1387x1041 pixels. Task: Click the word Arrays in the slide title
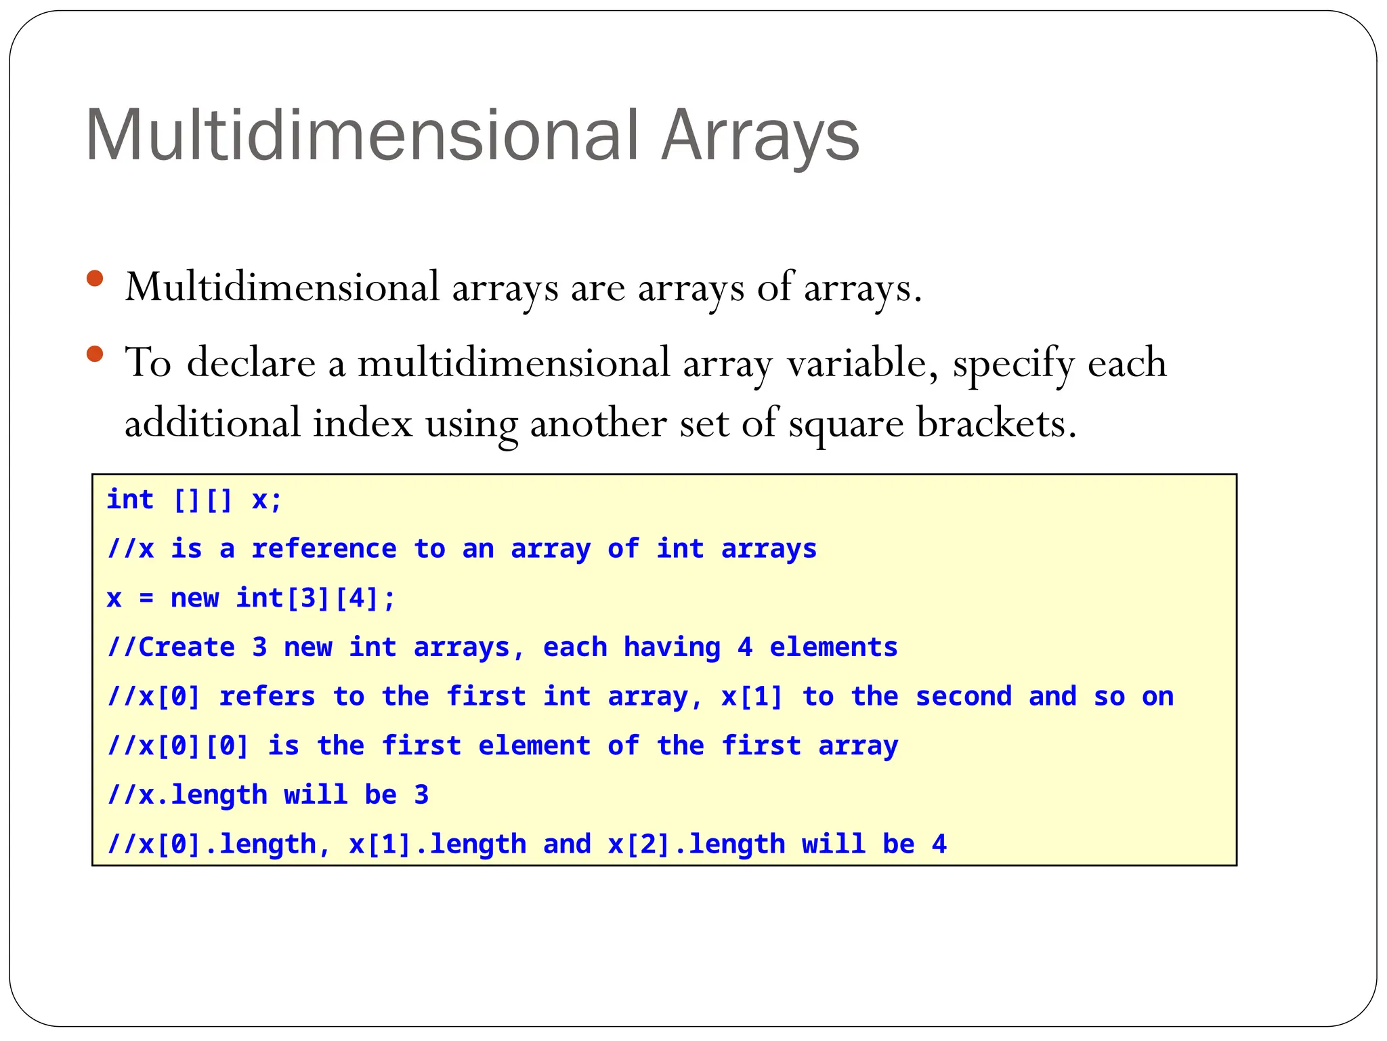click(x=760, y=136)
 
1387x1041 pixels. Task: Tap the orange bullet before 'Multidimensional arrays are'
click(x=95, y=279)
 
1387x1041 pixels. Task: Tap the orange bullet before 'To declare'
click(x=95, y=354)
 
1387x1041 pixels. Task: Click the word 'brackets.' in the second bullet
click(x=996, y=424)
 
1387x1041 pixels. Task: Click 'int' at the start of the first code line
click(x=130, y=500)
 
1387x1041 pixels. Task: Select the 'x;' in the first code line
click(x=266, y=500)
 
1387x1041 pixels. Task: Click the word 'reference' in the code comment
click(x=324, y=549)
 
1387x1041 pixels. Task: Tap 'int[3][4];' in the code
click(x=315, y=598)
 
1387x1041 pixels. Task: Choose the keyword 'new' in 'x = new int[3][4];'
click(x=194, y=598)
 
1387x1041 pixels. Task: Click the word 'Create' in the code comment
click(x=186, y=647)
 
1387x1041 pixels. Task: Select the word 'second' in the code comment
click(x=963, y=697)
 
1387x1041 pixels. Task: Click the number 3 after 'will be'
click(x=421, y=795)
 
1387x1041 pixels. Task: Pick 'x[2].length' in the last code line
click(x=696, y=844)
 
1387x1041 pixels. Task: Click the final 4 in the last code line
click(x=939, y=844)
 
